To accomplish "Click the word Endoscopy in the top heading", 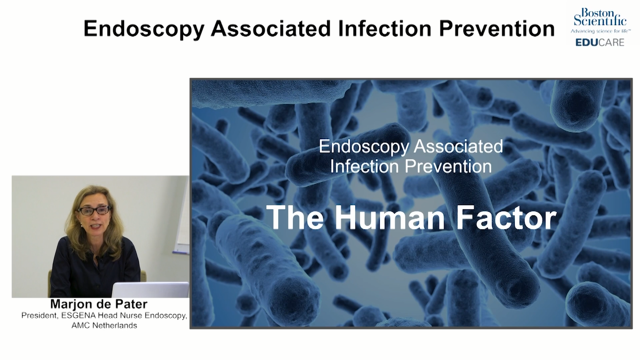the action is coord(144,29).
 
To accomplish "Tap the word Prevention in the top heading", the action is coord(497,29).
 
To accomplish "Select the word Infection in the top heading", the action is coord(385,29).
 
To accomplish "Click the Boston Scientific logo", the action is coord(600,17).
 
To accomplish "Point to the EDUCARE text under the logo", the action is coord(600,43).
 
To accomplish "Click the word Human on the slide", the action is coord(390,217).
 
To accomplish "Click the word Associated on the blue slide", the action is coord(458,146).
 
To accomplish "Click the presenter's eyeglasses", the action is coord(94,211).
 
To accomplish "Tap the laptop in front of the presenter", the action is coord(150,290).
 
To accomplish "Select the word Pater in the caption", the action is coord(133,304).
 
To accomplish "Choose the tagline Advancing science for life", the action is coord(600,31).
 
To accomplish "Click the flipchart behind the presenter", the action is coord(182,217).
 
